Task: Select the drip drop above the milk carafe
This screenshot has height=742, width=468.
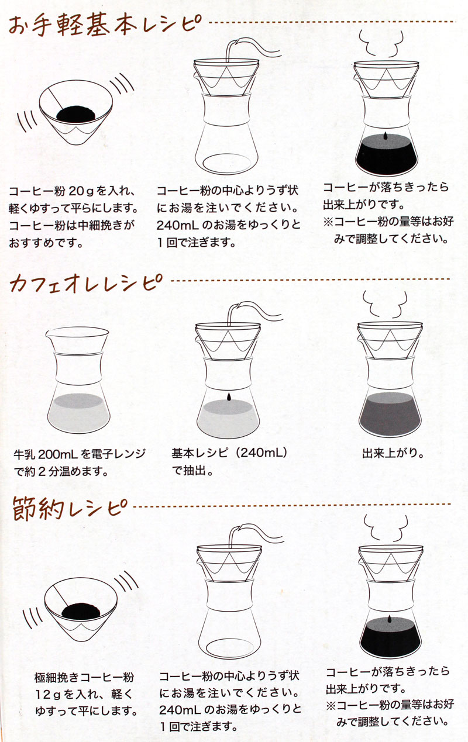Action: pos(228,397)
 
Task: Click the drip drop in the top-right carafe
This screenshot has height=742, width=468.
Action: pos(386,136)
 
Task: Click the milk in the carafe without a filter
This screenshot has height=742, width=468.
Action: pos(78,413)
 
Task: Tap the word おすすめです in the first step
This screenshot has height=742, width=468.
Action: pos(42,243)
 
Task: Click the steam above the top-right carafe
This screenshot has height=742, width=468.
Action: pos(381,44)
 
